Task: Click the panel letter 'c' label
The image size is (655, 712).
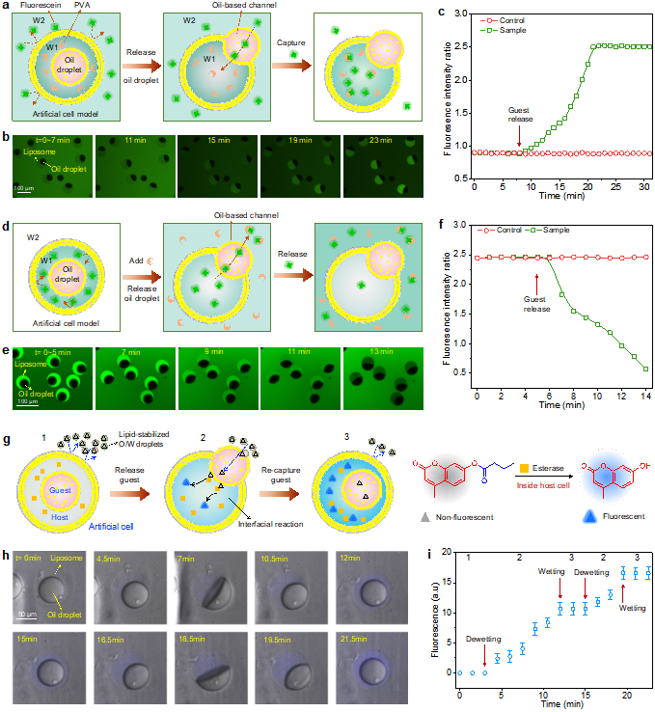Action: tap(441, 12)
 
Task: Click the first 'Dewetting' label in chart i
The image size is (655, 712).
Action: tap(483, 638)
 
